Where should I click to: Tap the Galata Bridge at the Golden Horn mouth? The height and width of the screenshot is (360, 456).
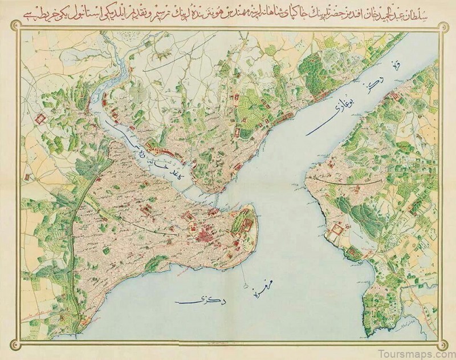coord(219,199)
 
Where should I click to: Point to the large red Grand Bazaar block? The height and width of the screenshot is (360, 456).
coord(203,234)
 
